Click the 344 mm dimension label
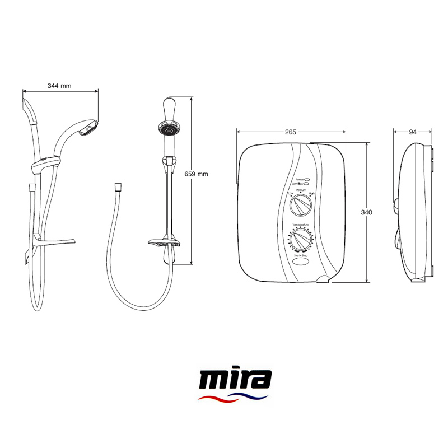point(59,86)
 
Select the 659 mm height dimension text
point(196,174)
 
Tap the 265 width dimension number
point(290,132)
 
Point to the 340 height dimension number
point(367,212)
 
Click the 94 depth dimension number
point(413,132)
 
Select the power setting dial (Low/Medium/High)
point(301,206)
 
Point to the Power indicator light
point(308,178)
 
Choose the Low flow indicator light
point(308,183)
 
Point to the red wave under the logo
point(216,399)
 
